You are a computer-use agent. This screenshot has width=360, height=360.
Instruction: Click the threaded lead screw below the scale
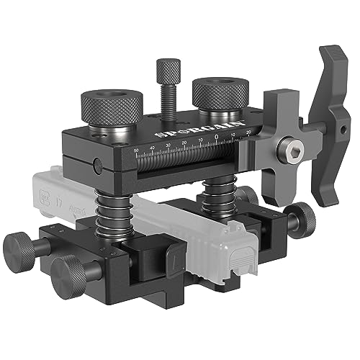click(x=187, y=164)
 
